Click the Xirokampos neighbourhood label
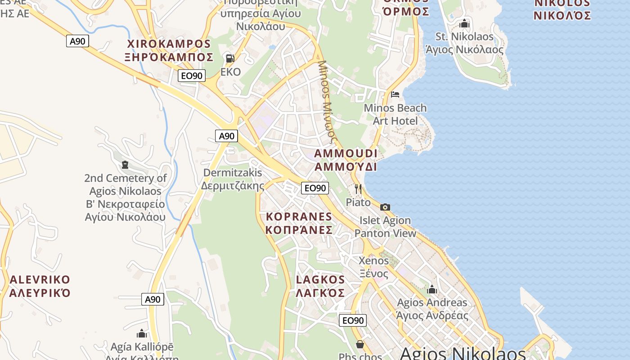coord(169,50)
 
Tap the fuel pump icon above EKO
coord(230,58)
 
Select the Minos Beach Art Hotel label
coord(395,114)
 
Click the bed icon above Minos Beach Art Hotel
coord(395,94)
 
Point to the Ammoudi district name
coord(346,160)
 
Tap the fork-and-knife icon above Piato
coord(358,189)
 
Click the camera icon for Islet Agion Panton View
coord(385,207)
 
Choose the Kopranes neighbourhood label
coord(299,223)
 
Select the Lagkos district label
coord(320,286)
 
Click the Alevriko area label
coord(40,286)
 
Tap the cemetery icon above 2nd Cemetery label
coord(125,165)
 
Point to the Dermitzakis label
coord(233,179)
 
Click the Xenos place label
coord(373,267)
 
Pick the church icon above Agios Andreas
coord(432,289)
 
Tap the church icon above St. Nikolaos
coord(464,23)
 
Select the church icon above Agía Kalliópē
coord(142,333)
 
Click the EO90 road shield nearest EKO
coord(192,76)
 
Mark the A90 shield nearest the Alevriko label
coord(153,299)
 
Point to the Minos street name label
coord(328,99)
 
